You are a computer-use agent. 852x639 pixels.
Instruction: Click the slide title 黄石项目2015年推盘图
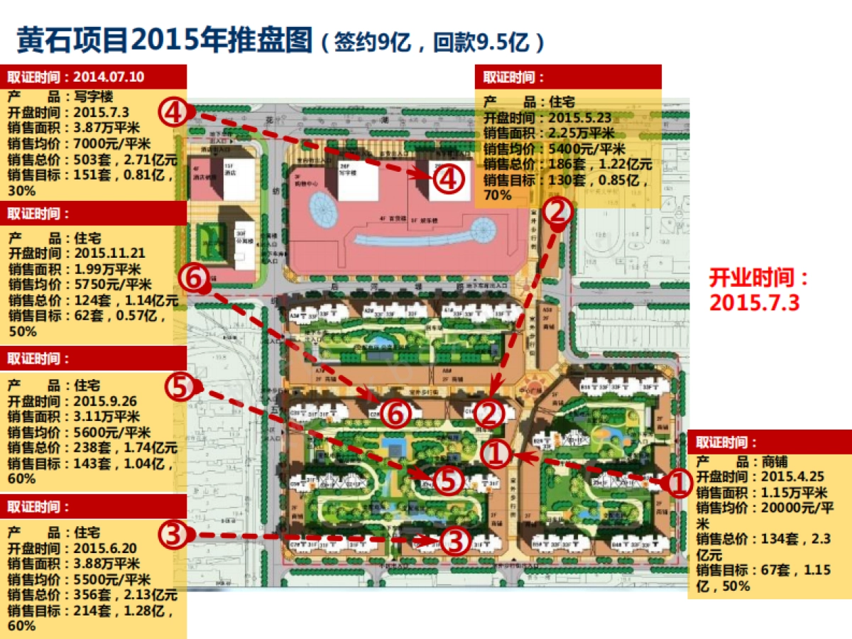165,40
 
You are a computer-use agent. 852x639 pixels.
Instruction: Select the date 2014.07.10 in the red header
108,77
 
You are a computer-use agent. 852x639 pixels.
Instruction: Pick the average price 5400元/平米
584,148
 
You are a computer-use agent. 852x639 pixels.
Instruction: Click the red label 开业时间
759,276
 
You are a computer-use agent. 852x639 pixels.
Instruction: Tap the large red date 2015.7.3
755,302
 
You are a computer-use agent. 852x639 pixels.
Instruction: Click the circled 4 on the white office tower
448,179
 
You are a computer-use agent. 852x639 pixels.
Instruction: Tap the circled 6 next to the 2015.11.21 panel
193,278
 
